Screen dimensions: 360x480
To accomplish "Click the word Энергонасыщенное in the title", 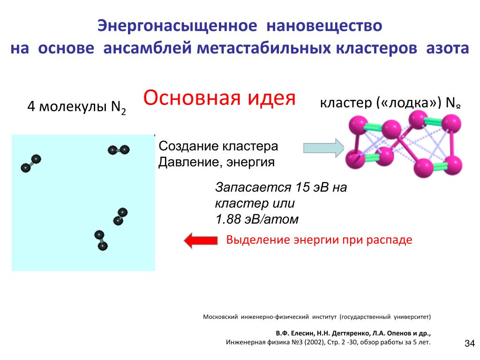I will coord(177,25).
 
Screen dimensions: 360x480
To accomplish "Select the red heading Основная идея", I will coord(219,98).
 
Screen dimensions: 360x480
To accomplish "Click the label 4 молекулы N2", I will coord(76,107).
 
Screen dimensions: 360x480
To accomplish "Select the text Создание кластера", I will coord(218,146).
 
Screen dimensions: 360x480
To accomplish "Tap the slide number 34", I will coord(469,344).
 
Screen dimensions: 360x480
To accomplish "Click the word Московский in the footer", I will coord(220,316).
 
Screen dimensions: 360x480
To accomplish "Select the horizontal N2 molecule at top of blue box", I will coord(118,150).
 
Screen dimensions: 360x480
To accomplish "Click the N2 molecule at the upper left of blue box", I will coord(31,163).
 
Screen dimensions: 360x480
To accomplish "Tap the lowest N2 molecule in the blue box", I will coord(101,240).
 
